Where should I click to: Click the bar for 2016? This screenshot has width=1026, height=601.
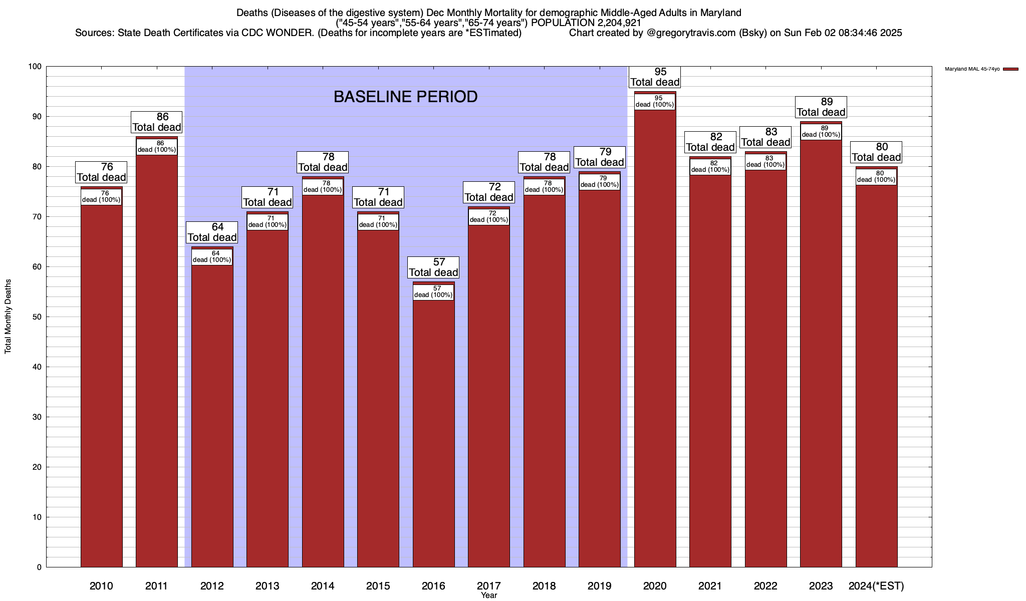coord(433,431)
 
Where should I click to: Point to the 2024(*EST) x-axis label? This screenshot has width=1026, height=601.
coord(876,586)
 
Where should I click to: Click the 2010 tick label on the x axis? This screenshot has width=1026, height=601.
coord(101,586)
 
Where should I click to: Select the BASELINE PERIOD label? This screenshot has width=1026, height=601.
coord(405,97)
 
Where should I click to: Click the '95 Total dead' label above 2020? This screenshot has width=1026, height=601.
coord(655,77)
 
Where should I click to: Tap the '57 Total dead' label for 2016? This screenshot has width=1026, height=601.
coord(433,267)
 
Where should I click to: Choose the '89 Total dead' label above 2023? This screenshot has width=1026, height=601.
coord(821,107)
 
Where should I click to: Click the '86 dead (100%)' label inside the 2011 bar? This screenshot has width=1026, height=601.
coord(156,147)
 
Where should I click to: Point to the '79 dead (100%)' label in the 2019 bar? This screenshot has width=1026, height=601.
coord(599,182)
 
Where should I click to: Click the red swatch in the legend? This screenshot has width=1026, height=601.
coord(1010,69)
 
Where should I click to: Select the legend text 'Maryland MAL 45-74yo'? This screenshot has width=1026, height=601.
coord(972,69)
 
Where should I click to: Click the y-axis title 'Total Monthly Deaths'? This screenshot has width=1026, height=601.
coord(8,317)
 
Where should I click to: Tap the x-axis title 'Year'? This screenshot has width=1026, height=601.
coord(488,595)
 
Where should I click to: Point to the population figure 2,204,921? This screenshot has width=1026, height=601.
coord(612,23)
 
